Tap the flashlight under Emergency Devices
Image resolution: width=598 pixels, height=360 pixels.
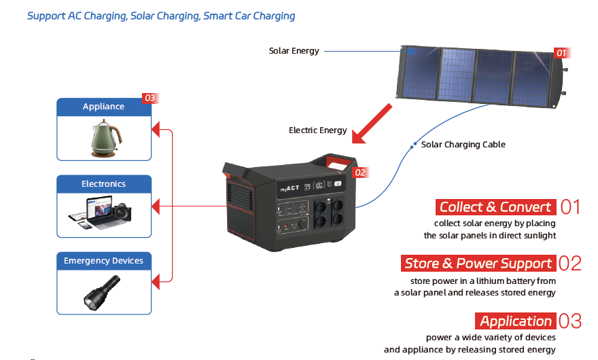point(101,293)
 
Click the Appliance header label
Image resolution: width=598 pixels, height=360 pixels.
point(103,107)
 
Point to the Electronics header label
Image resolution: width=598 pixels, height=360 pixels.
point(103,184)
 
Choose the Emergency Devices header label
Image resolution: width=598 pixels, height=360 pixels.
point(103,261)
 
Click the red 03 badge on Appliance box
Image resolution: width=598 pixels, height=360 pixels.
point(149,98)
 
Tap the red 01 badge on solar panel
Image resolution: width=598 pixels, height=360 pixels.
point(561,52)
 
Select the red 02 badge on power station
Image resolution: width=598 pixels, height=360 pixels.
point(360,173)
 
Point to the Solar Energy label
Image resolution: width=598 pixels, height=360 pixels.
point(294,51)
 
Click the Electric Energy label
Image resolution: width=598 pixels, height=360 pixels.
point(317,130)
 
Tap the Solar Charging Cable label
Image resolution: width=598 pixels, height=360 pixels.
point(463,145)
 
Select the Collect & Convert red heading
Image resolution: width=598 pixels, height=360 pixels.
point(495,207)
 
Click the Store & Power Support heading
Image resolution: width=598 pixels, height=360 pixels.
point(478,264)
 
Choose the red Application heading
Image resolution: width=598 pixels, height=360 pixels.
point(515,321)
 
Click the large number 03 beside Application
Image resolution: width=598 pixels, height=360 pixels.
point(569,321)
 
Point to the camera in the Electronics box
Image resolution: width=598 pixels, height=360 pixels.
point(122,211)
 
